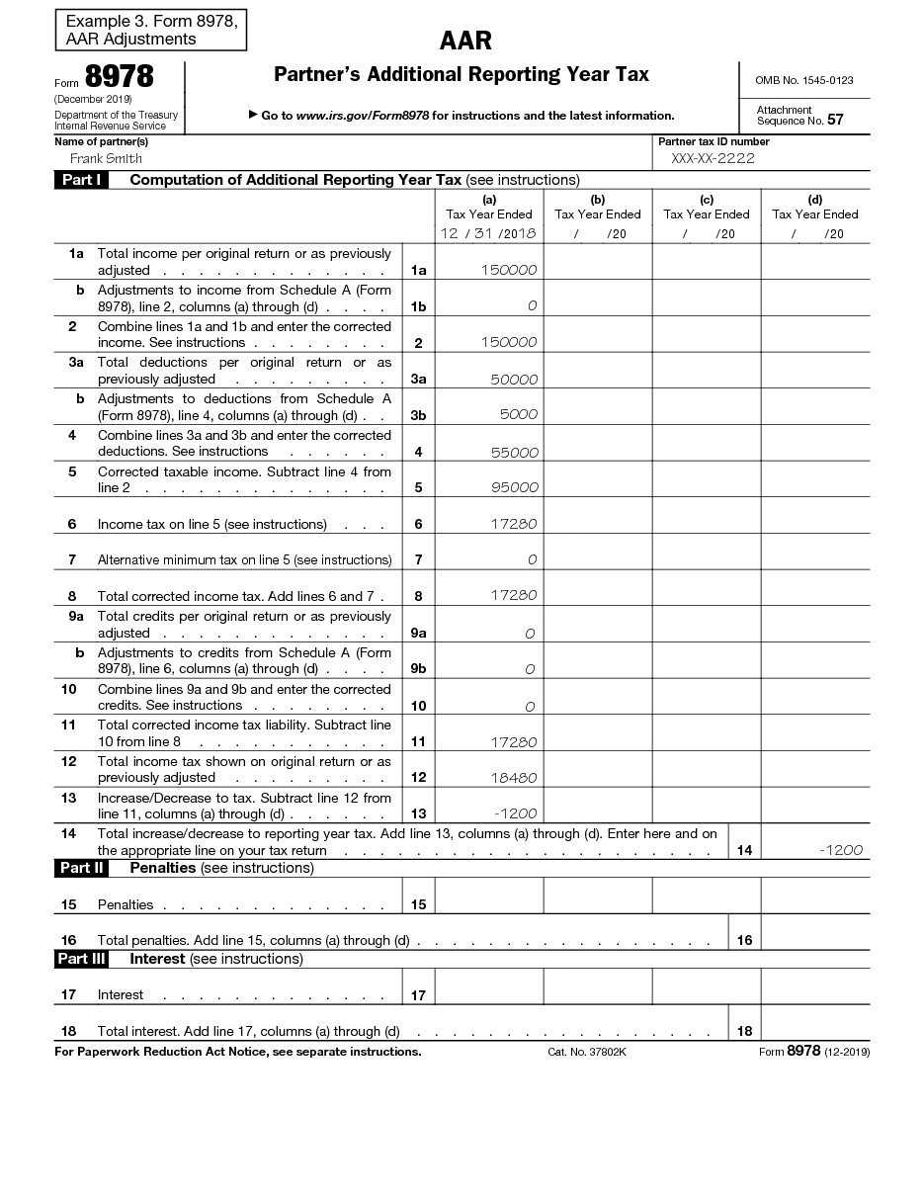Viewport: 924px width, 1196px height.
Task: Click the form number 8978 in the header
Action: pos(119,78)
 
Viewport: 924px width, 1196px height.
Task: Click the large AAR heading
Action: pos(465,41)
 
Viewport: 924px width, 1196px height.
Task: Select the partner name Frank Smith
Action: pos(106,158)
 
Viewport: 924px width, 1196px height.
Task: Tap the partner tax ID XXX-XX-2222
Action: pos(713,158)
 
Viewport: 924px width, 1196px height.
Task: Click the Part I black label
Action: pos(81,180)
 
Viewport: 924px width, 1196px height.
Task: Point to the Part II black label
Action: pos(81,868)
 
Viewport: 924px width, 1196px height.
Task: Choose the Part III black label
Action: pos(81,959)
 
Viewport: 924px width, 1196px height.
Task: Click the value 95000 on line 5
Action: pos(515,487)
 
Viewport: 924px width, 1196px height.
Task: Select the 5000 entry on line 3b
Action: pos(519,415)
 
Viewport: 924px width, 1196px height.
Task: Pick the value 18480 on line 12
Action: pos(515,778)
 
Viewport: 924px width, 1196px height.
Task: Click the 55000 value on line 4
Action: pos(515,453)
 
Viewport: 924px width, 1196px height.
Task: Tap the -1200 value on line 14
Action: pos(841,850)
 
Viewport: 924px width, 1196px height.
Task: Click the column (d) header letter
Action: pos(815,200)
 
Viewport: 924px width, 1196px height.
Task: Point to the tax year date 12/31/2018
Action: pos(488,234)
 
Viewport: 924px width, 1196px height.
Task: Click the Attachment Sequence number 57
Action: pos(835,120)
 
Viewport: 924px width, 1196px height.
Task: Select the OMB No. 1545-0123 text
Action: pos(803,80)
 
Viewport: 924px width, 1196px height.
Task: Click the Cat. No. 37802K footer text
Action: pos(587,1052)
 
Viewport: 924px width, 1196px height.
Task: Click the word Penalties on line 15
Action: pos(126,904)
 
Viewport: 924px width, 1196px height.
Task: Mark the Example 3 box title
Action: pos(150,31)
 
